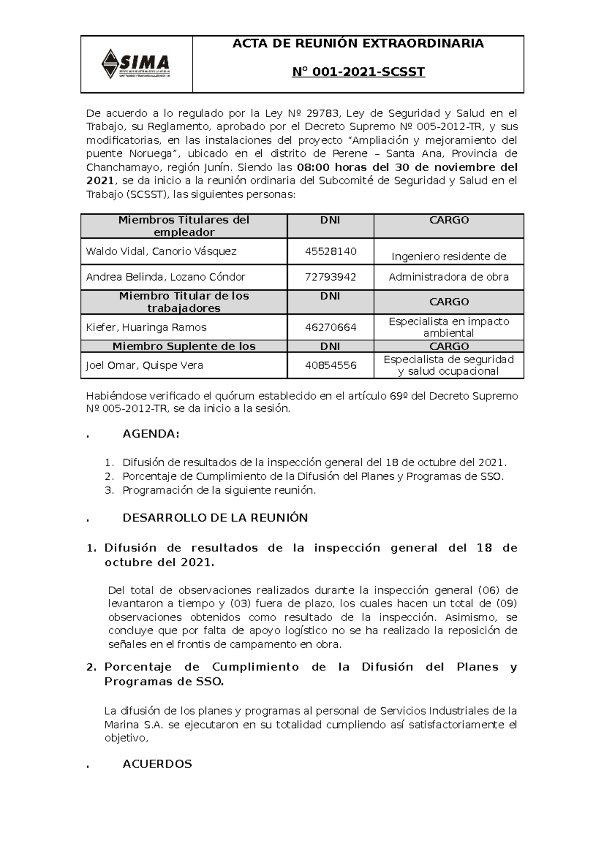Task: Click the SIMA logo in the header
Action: pyautogui.click(x=135, y=64)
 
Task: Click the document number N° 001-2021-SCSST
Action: pyautogui.click(x=358, y=72)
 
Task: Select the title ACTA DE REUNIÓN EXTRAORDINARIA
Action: pyautogui.click(x=358, y=44)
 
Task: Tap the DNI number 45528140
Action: pyautogui.click(x=330, y=251)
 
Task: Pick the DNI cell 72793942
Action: pyautogui.click(x=330, y=277)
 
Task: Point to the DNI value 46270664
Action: pyautogui.click(x=330, y=327)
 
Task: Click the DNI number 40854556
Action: pyautogui.click(x=330, y=366)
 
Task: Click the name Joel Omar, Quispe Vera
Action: pyautogui.click(x=144, y=366)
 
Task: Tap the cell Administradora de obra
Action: pyautogui.click(x=448, y=277)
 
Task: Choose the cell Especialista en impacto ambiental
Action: pyautogui.click(x=448, y=327)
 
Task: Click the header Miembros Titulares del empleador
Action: pyautogui.click(x=184, y=226)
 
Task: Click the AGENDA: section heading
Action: pyautogui.click(x=151, y=434)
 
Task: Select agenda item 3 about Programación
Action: pyautogui.click(x=219, y=490)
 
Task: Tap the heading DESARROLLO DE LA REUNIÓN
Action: pyautogui.click(x=215, y=518)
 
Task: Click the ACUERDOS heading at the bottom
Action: pyautogui.click(x=157, y=764)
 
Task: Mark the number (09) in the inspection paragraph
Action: pyautogui.click(x=506, y=604)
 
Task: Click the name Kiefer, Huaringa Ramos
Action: pyautogui.click(x=146, y=327)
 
